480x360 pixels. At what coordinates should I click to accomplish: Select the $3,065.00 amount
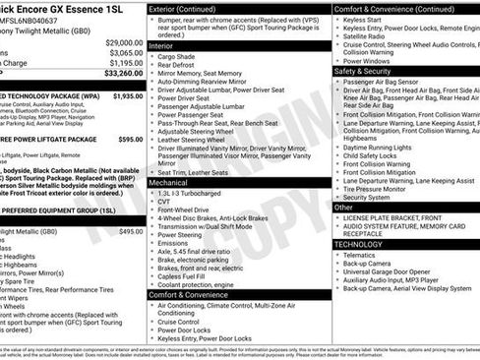click(122, 54)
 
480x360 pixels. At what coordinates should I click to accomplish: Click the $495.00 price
click(129, 231)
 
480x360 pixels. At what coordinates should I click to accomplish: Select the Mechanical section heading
click(173, 182)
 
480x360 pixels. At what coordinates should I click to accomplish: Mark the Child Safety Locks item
click(372, 154)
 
